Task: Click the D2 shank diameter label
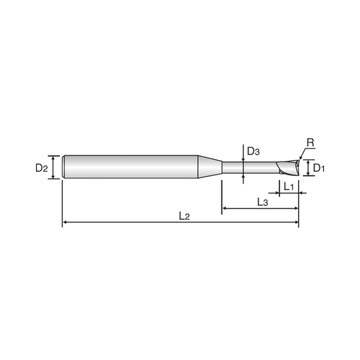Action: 42,169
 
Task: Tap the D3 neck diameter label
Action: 253,152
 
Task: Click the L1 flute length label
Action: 289,188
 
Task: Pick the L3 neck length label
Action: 262,201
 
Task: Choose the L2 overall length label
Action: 183,215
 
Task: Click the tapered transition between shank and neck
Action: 211,166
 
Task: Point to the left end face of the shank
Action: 62,166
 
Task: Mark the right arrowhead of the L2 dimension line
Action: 298,221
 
